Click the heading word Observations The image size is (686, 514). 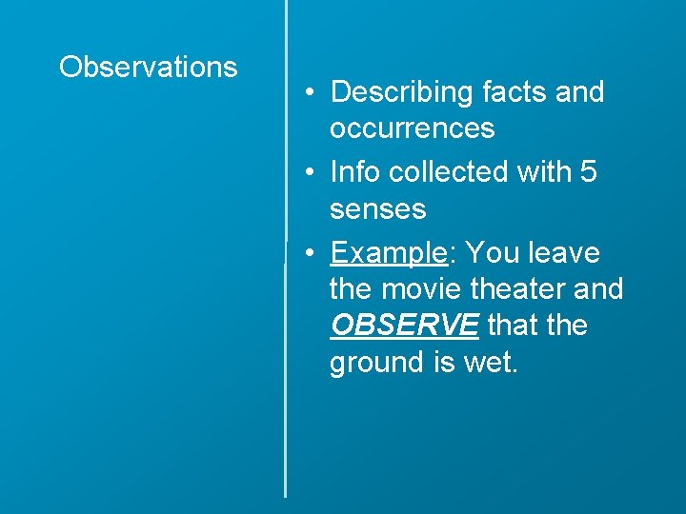click(x=148, y=68)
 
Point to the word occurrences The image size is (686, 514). click(x=412, y=128)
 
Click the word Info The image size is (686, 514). click(x=353, y=172)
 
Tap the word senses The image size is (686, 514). click(x=377, y=208)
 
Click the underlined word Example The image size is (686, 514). click(x=388, y=253)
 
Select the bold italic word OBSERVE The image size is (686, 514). click(x=404, y=326)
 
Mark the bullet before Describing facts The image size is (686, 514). click(x=311, y=93)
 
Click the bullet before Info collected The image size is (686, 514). click(x=311, y=173)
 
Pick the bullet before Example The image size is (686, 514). click(x=311, y=254)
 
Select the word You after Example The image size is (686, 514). click(x=492, y=253)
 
